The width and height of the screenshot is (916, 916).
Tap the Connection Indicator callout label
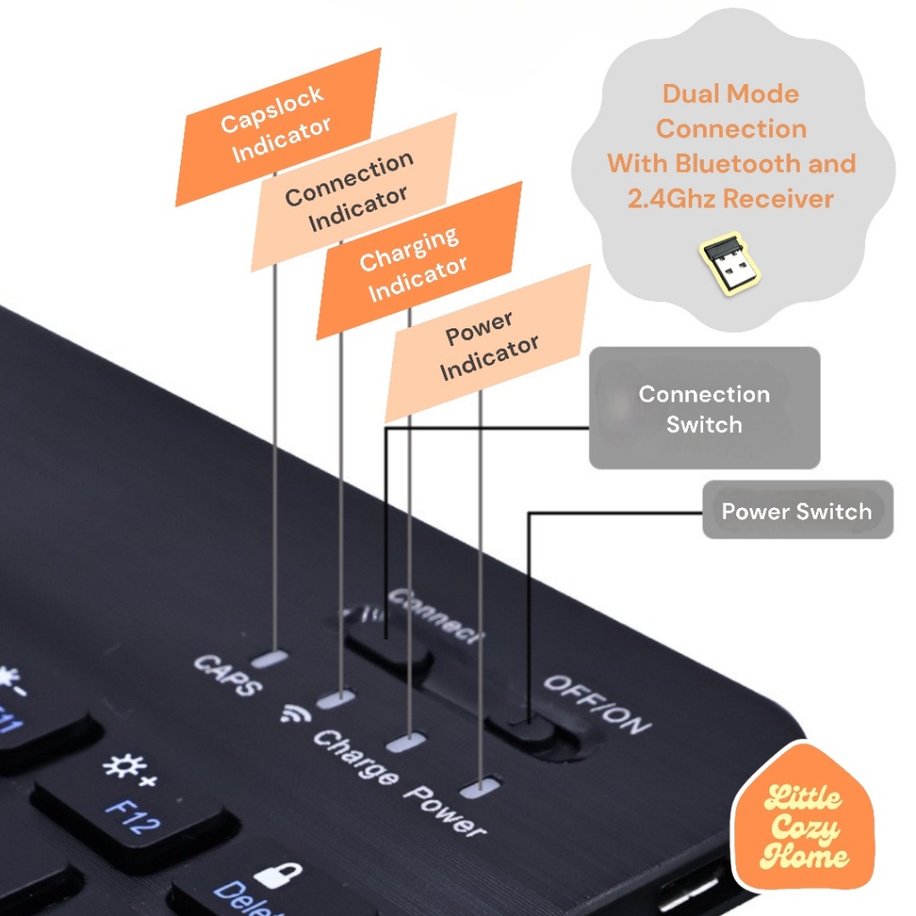[x=352, y=191]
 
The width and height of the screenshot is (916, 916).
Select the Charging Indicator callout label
[x=417, y=261]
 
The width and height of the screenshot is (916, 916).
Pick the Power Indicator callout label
[x=488, y=343]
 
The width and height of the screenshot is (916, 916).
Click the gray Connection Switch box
[x=704, y=409]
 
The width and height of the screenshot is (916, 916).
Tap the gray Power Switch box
[x=797, y=511]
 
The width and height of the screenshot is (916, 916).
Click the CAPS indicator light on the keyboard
[x=269, y=660]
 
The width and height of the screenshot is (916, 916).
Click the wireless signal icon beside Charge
[x=291, y=713]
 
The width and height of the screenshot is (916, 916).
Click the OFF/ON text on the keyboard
[x=598, y=703]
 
